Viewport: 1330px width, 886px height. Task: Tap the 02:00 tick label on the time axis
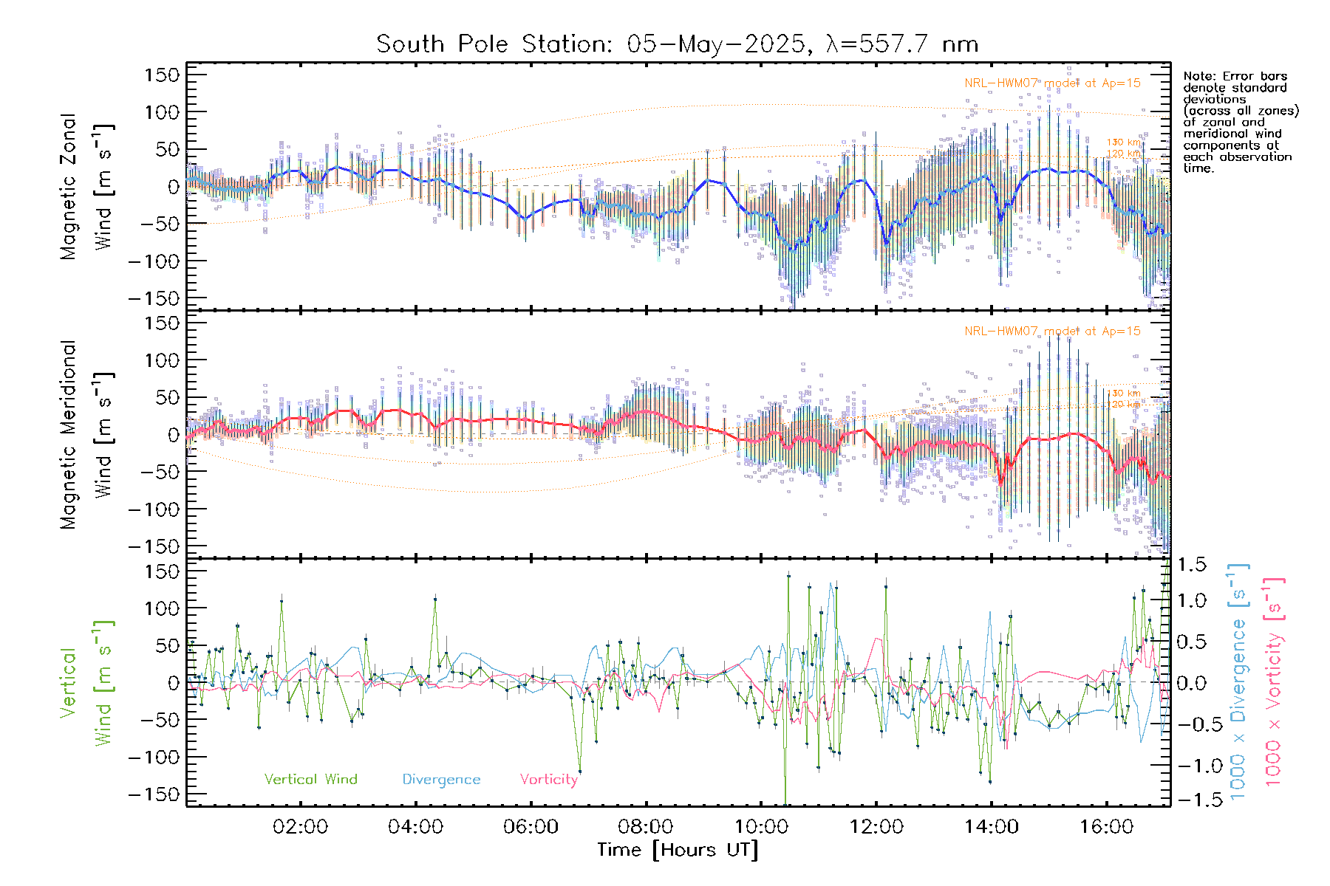click(x=300, y=827)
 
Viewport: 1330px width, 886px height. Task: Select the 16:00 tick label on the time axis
click(x=1106, y=827)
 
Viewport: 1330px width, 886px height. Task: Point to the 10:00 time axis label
click(x=761, y=827)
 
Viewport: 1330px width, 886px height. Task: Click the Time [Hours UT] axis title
click(x=678, y=851)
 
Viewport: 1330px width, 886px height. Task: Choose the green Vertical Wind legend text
click(x=310, y=780)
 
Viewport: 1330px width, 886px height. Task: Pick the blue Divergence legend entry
click(x=441, y=780)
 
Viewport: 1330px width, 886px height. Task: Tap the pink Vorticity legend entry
click(x=548, y=780)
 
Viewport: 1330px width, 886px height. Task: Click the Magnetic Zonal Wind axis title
click(x=86, y=186)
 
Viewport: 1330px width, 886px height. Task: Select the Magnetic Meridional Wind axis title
click(x=86, y=435)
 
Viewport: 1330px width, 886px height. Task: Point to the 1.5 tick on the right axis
click(x=1192, y=565)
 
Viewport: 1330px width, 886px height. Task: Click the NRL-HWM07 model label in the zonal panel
click(x=1052, y=83)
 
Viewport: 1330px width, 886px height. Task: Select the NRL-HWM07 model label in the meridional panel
click(x=1052, y=332)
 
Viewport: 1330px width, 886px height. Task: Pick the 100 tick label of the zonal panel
click(x=162, y=112)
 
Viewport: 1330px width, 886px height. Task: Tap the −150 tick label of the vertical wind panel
click(x=154, y=794)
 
